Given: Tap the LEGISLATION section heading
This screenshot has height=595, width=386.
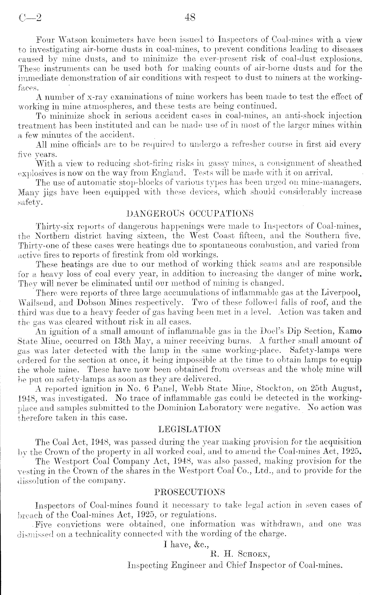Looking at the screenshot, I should click(x=189, y=429).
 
